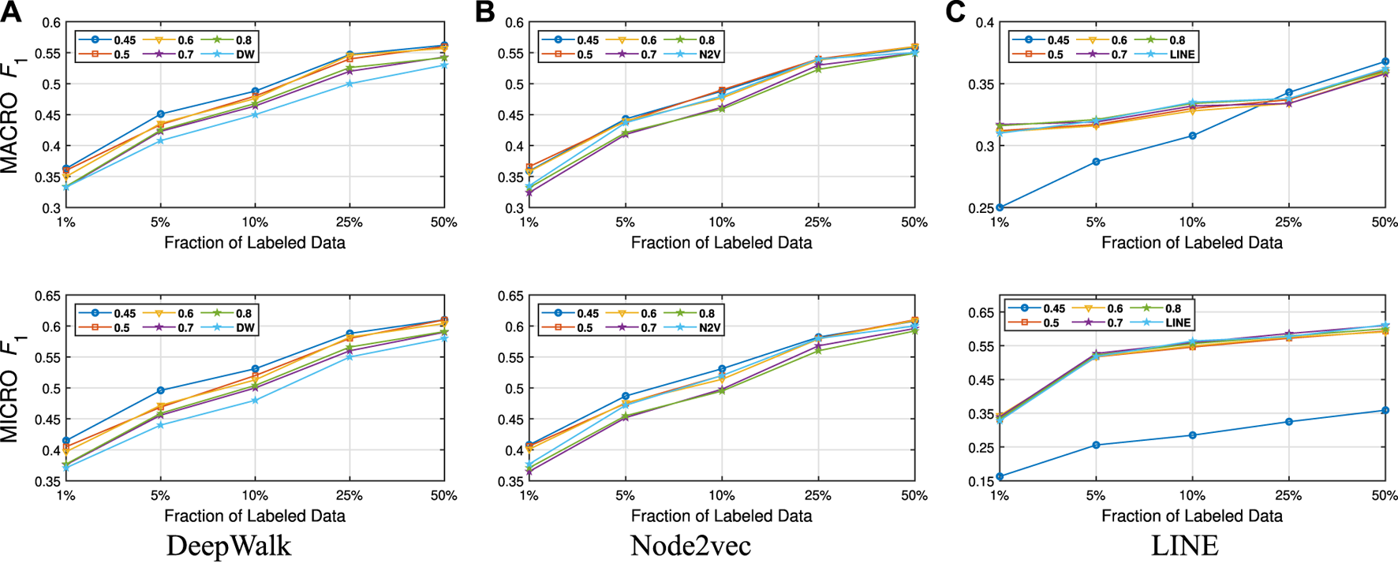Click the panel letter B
pyautogui.click(x=484, y=13)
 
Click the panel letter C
pyautogui.click(x=955, y=13)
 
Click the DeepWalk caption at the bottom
pyautogui.click(x=229, y=546)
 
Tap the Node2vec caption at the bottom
pyautogui.click(x=690, y=546)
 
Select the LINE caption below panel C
pyautogui.click(x=1185, y=546)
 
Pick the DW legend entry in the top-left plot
pyautogui.click(x=245, y=55)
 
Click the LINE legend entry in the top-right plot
pyautogui.click(x=1182, y=55)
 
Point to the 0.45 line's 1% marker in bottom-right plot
pyautogui.click(x=1000, y=476)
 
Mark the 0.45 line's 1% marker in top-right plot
pyautogui.click(x=1000, y=207)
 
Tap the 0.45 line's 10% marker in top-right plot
pyautogui.click(x=1192, y=136)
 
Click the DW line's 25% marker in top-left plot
pyautogui.click(x=349, y=84)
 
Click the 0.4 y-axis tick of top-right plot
pyautogui.click(x=983, y=23)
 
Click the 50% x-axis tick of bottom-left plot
pyautogui.click(x=443, y=496)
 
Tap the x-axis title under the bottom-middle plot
pyautogui.click(x=721, y=516)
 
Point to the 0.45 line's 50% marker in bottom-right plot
pyautogui.click(x=1385, y=410)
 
